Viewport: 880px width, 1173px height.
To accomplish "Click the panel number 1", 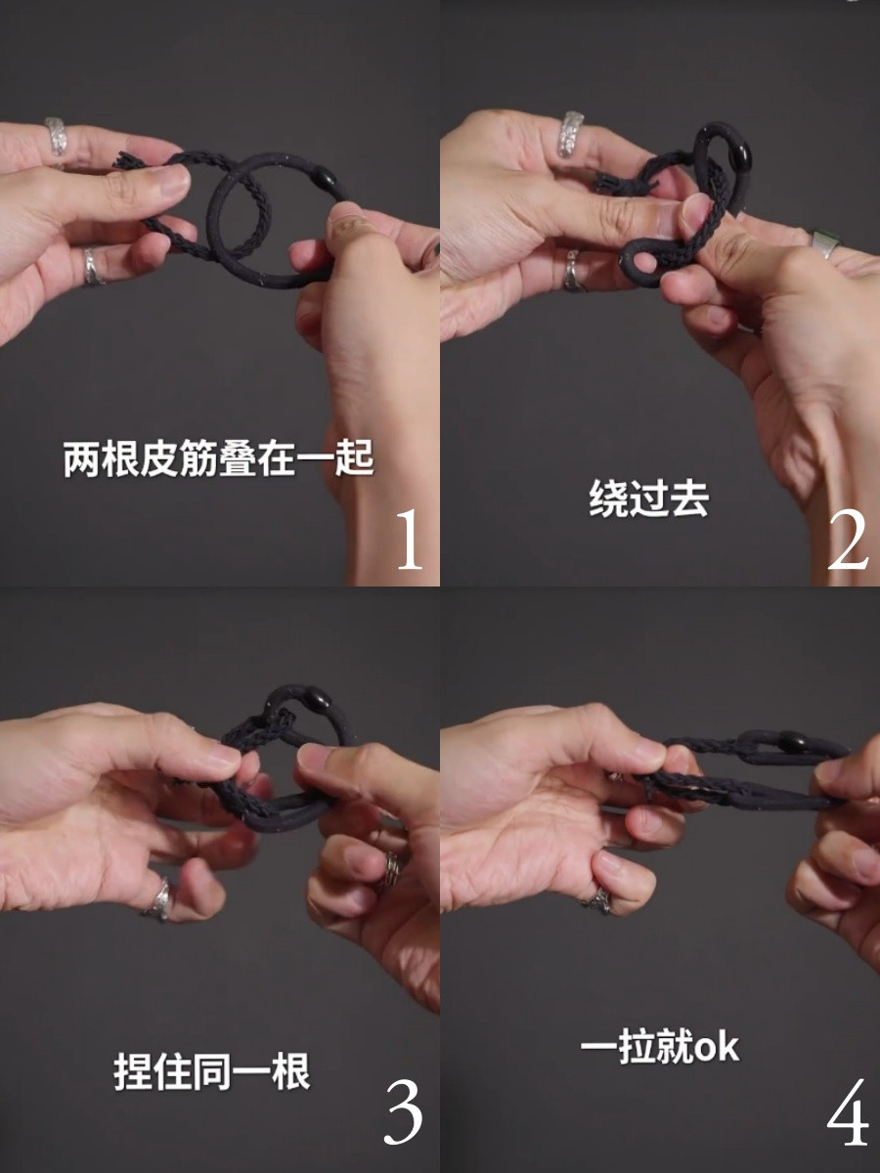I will [x=410, y=540].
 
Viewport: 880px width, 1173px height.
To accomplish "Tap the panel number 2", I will [x=847, y=540].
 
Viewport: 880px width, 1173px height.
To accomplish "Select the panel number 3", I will [x=403, y=1113].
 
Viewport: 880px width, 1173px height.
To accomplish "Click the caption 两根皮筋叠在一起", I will [x=219, y=458].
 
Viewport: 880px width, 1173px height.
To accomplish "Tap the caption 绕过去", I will [x=648, y=499].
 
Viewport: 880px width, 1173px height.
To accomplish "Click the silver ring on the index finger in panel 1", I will [x=57, y=137].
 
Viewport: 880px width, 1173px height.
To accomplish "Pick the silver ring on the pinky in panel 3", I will [x=158, y=898].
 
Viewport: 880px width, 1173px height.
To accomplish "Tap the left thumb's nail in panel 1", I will [x=173, y=179].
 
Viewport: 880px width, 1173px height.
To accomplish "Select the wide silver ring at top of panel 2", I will [x=571, y=134].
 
